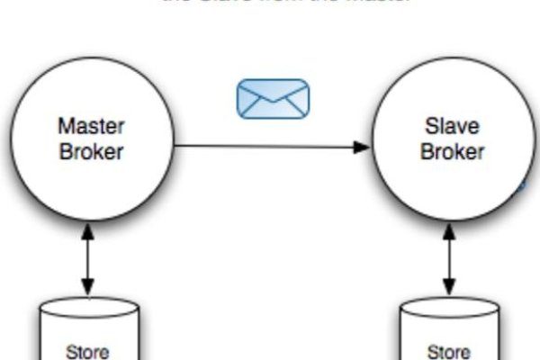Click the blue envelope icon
coord(273,98)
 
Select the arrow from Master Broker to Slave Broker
coord(270,146)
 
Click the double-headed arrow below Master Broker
coord(88,261)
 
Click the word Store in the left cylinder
coord(88,351)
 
